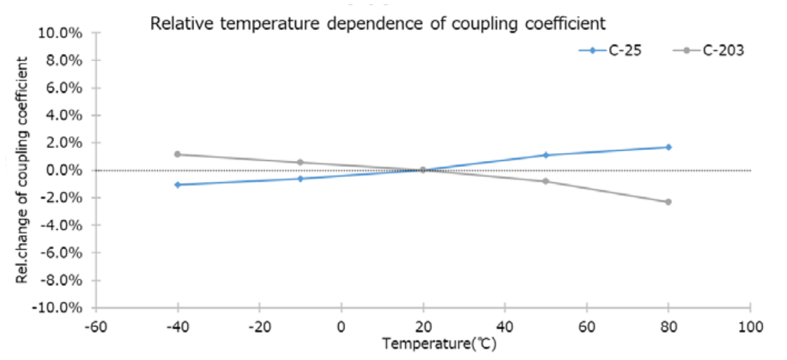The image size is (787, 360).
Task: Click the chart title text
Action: (x=378, y=24)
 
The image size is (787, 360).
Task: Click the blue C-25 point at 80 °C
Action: (x=668, y=147)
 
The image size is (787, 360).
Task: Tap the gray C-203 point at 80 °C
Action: (x=668, y=201)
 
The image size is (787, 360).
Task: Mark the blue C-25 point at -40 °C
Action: (x=177, y=184)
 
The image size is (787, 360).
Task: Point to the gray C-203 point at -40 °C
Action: (x=177, y=154)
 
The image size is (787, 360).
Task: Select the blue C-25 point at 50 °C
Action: (x=546, y=155)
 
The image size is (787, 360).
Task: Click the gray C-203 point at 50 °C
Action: (x=546, y=181)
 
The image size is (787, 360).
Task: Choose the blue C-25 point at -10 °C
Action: (x=300, y=178)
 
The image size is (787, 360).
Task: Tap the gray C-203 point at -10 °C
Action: (x=300, y=162)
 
